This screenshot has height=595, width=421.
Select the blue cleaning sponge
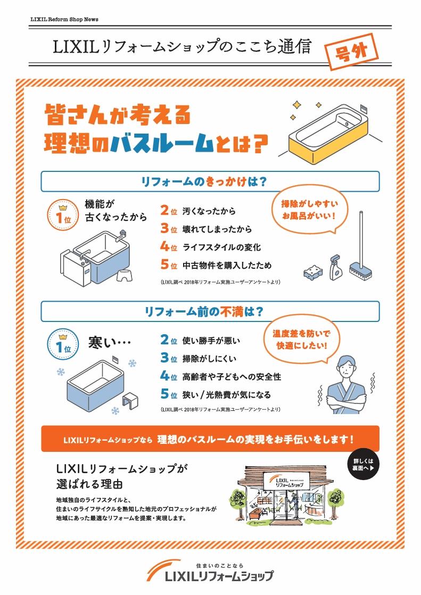pyautogui.click(x=312, y=271)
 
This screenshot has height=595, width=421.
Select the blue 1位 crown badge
pyautogui.click(x=63, y=344)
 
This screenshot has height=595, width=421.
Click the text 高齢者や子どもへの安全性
pyautogui.click(x=232, y=377)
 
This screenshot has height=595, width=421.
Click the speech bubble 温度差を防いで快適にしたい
pyautogui.click(x=300, y=340)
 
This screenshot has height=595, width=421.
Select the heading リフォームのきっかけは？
pyautogui.click(x=210, y=181)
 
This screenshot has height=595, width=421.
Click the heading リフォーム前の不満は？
pyautogui.click(x=210, y=311)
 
